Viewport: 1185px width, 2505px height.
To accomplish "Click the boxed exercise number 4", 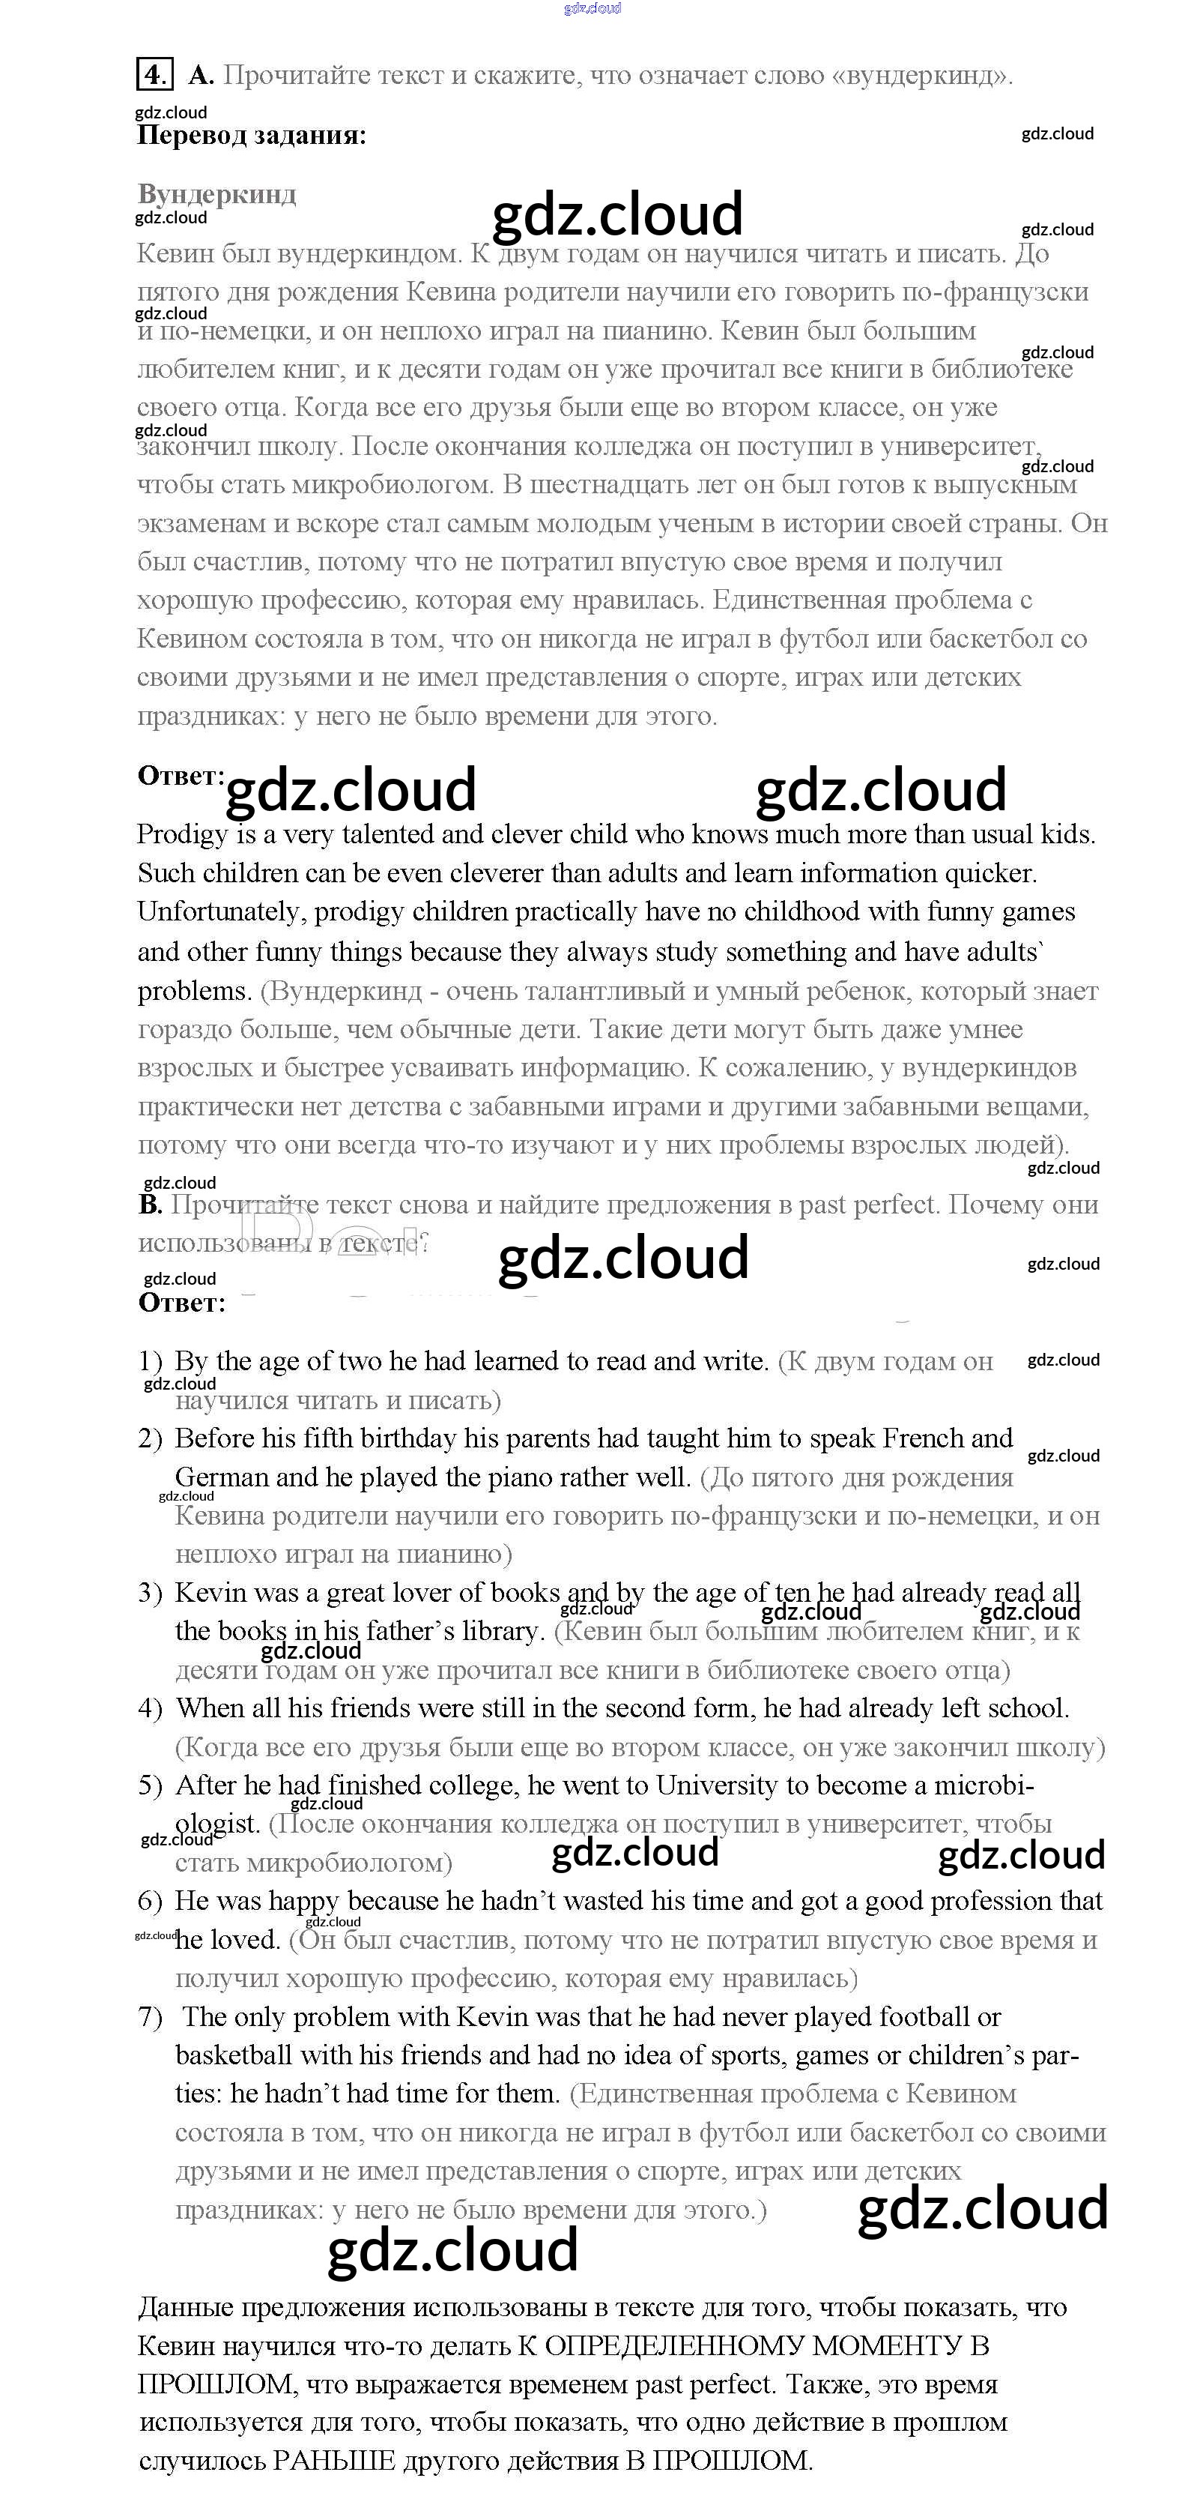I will click(x=154, y=75).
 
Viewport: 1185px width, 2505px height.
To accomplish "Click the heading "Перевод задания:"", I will click(x=252, y=135).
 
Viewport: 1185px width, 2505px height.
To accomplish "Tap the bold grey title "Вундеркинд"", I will click(x=216, y=193).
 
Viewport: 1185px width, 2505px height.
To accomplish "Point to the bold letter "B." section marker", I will click(x=150, y=1205).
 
